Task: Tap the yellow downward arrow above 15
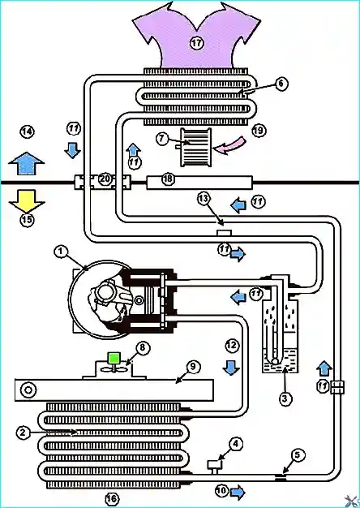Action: [27, 201]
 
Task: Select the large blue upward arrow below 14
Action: [26, 163]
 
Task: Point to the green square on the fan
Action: [114, 359]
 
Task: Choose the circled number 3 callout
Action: [285, 399]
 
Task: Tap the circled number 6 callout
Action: [281, 84]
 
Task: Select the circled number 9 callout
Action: [193, 367]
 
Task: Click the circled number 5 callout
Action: [298, 456]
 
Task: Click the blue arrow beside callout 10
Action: [238, 490]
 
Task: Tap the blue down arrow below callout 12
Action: [231, 368]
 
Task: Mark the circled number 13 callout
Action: [205, 200]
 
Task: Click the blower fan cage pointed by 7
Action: [196, 148]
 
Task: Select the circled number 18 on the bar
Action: [168, 179]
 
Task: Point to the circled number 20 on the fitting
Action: [105, 179]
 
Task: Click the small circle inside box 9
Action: [28, 390]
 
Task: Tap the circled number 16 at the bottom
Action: [112, 498]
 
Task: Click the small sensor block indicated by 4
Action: [215, 466]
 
